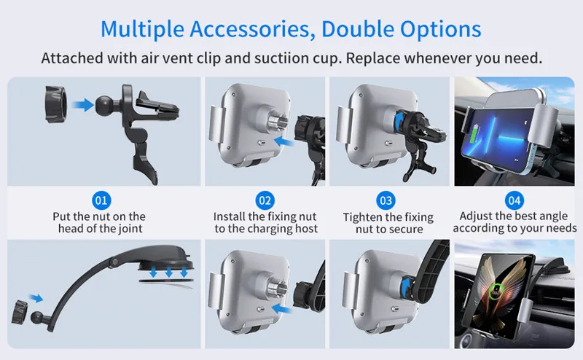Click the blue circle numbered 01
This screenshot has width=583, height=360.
pos(101,200)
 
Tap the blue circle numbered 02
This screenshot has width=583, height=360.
pos(265,200)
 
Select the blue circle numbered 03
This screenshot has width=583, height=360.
pos(386,201)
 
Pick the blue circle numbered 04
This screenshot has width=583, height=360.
pos(514,200)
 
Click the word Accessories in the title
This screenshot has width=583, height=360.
pos(250,29)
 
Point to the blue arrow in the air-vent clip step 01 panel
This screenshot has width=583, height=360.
pos(82,104)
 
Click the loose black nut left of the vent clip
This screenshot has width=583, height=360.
pos(56,104)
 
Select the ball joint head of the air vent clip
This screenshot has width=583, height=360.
pos(106,106)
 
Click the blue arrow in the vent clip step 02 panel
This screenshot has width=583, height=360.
pos(283,141)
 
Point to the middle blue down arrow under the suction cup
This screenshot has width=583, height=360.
pos(169,272)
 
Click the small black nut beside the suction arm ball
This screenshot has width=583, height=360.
pos(20,312)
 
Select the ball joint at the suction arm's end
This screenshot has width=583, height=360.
pos(36,317)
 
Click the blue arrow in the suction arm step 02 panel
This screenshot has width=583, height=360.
pos(281,309)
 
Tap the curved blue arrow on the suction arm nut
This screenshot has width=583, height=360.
pos(405,287)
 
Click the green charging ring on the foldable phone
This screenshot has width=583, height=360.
pos(496,291)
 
